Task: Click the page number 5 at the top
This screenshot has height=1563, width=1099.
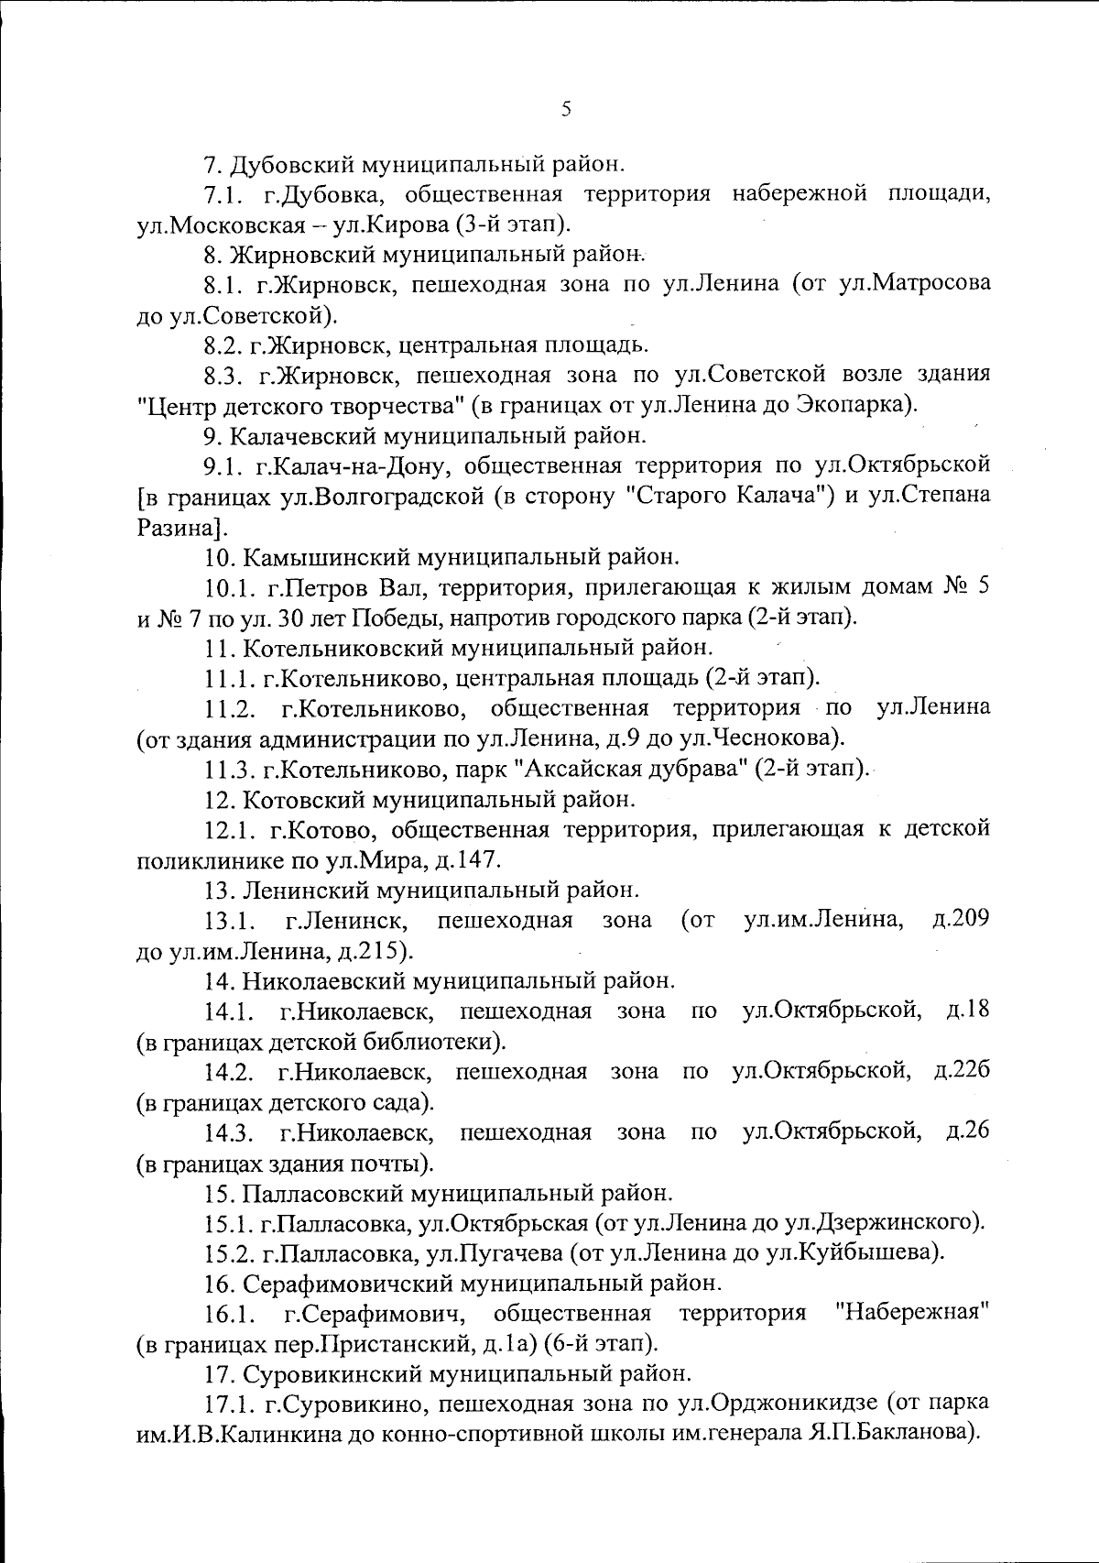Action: [565, 110]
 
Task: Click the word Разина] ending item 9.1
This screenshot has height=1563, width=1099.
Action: [178, 527]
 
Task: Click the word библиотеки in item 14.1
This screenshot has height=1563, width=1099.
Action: [430, 1042]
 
